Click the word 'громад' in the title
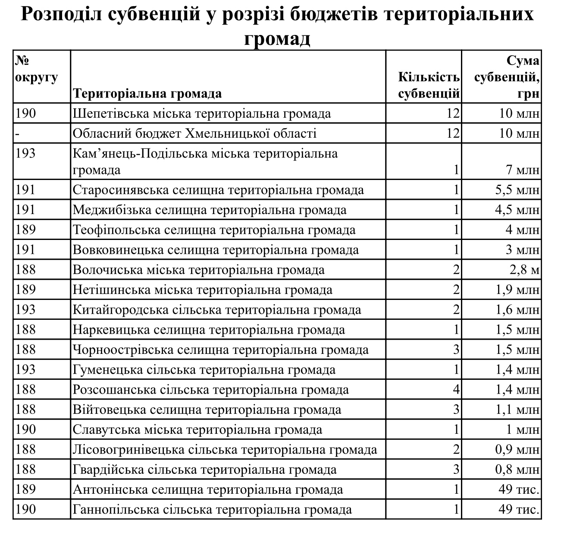277,38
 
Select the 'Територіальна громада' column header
147,93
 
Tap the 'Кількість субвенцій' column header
429,85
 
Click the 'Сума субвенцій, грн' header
506,77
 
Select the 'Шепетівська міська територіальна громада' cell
202,114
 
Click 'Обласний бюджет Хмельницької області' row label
194,133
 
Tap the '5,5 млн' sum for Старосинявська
517,190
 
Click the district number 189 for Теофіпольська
26,230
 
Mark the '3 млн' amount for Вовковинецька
522,250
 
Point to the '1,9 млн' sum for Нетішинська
517,290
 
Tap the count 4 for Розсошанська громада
456,390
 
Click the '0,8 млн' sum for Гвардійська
517,470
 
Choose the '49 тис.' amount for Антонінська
519,490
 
